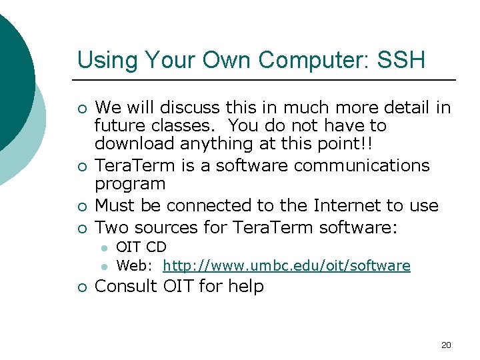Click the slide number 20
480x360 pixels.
[446, 345]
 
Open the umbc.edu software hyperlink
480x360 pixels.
[286, 266]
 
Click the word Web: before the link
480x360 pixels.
[136, 266]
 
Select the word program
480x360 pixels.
[130, 183]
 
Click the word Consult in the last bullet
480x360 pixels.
[125, 287]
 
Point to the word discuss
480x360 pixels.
[175, 107]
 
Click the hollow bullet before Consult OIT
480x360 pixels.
[81, 287]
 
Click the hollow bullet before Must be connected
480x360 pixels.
[81, 206]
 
